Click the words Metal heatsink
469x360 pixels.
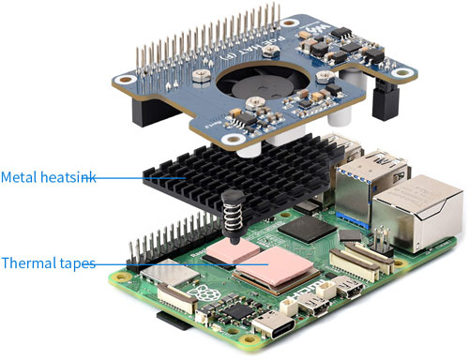(x=48, y=177)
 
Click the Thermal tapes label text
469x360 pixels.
(x=48, y=262)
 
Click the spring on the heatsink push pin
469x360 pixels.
(x=233, y=216)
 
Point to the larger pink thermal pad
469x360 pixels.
(x=275, y=265)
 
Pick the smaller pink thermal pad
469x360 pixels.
(x=233, y=250)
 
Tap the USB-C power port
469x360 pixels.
(x=274, y=325)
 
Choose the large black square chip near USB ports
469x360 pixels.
(x=308, y=229)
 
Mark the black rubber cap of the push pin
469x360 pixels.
(x=233, y=198)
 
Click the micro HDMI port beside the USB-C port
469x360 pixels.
(x=312, y=303)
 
